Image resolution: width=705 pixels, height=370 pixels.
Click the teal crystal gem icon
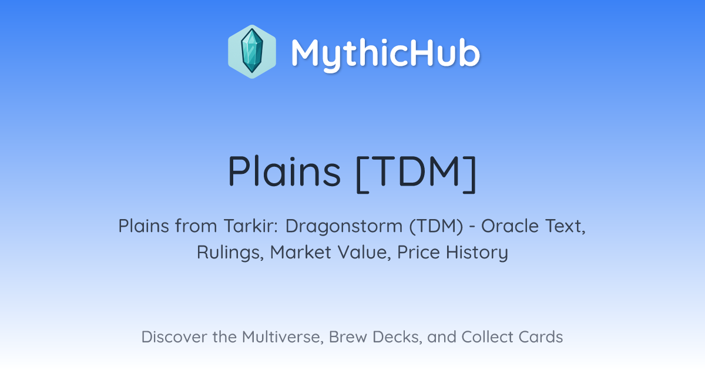[252, 51]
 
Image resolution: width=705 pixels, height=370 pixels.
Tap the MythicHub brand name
[385, 53]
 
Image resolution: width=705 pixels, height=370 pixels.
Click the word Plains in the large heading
[284, 171]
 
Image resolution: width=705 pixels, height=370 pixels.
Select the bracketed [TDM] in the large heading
[417, 173]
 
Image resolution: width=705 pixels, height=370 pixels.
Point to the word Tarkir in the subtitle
[251, 226]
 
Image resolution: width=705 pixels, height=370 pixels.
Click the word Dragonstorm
[344, 227]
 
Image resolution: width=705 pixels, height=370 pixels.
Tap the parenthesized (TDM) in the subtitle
[436, 226]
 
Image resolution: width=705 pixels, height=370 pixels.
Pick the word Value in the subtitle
[364, 253]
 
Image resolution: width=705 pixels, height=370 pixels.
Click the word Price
[418, 252]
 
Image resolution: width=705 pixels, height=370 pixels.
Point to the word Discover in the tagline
[174, 337]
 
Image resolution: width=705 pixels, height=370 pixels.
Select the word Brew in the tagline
[348, 337]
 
